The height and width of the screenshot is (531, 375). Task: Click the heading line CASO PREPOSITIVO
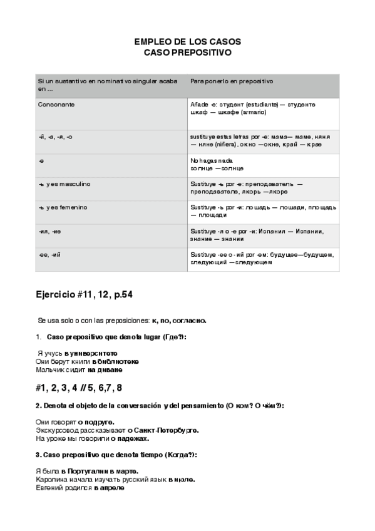[187, 53]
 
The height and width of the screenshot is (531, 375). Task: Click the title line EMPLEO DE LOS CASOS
[187, 42]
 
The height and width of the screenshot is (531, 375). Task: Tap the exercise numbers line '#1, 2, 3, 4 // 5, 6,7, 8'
[79, 387]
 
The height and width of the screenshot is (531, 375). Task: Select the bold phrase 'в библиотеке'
[115, 361]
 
